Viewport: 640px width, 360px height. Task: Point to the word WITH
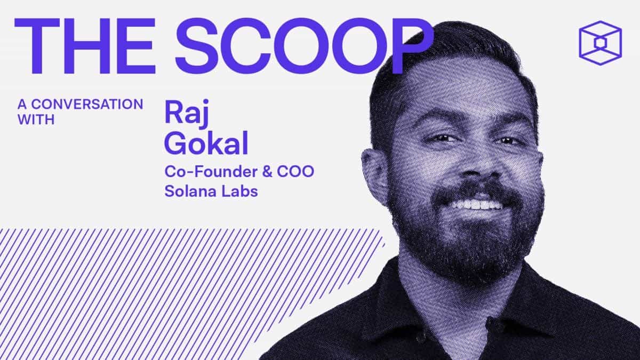point(36,120)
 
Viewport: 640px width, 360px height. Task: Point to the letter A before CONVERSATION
point(21,104)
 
